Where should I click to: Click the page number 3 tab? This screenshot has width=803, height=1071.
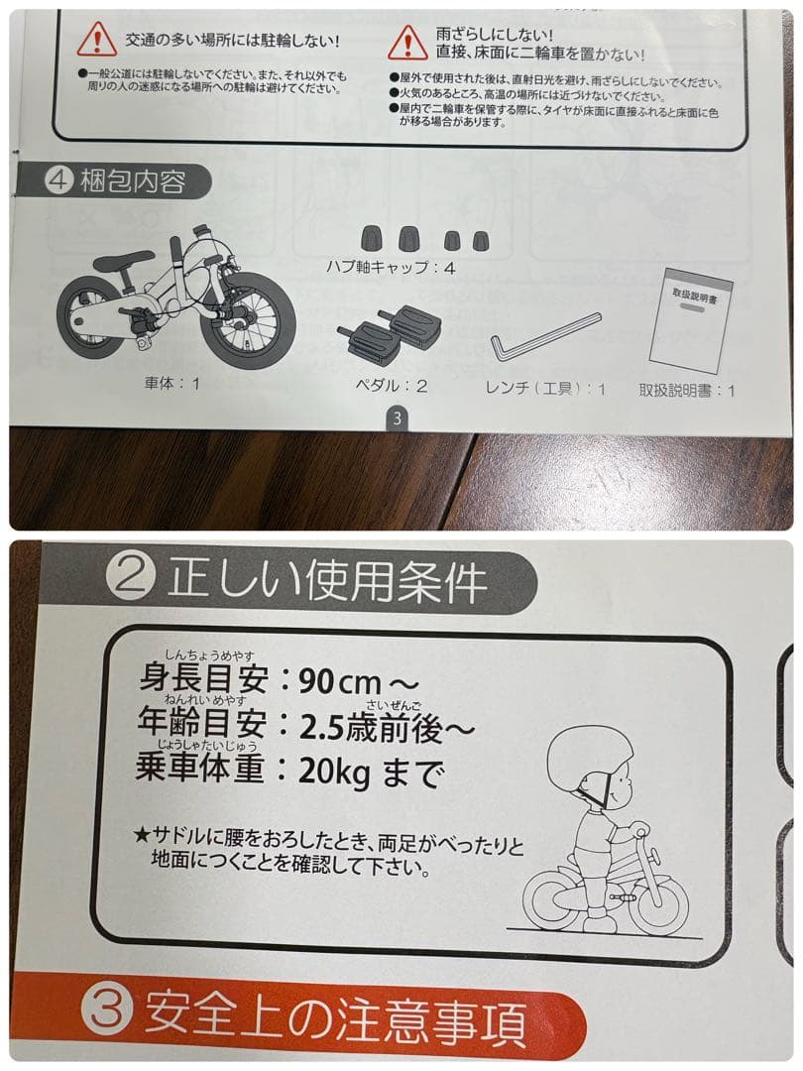click(396, 417)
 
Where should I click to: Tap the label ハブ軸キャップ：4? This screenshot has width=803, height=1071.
click(391, 268)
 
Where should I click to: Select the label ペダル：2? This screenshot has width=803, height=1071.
click(393, 387)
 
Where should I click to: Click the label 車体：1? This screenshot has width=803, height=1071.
click(172, 382)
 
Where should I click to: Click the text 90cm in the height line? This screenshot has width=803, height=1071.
click(333, 682)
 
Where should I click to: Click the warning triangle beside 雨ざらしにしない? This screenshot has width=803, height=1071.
click(407, 41)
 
